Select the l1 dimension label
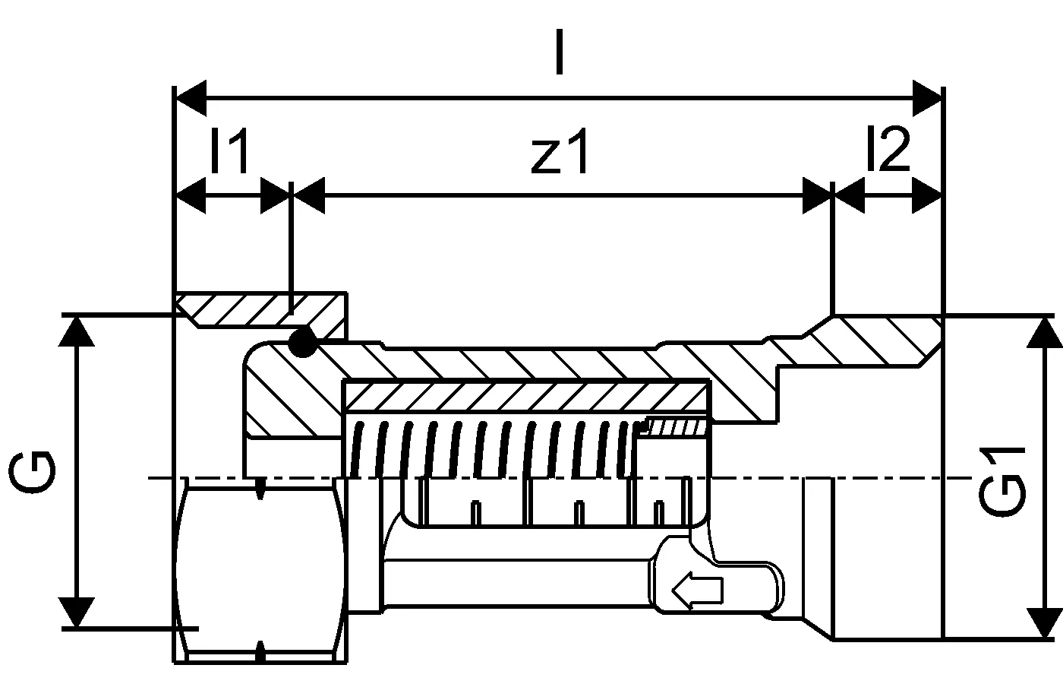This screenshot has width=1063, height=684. point(230,153)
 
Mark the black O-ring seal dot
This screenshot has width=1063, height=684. point(302,343)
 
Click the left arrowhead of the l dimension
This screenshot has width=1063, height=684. point(191,98)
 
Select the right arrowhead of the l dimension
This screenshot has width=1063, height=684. point(926,98)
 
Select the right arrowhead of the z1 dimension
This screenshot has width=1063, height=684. point(817,196)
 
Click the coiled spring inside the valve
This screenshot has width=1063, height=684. point(494,448)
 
